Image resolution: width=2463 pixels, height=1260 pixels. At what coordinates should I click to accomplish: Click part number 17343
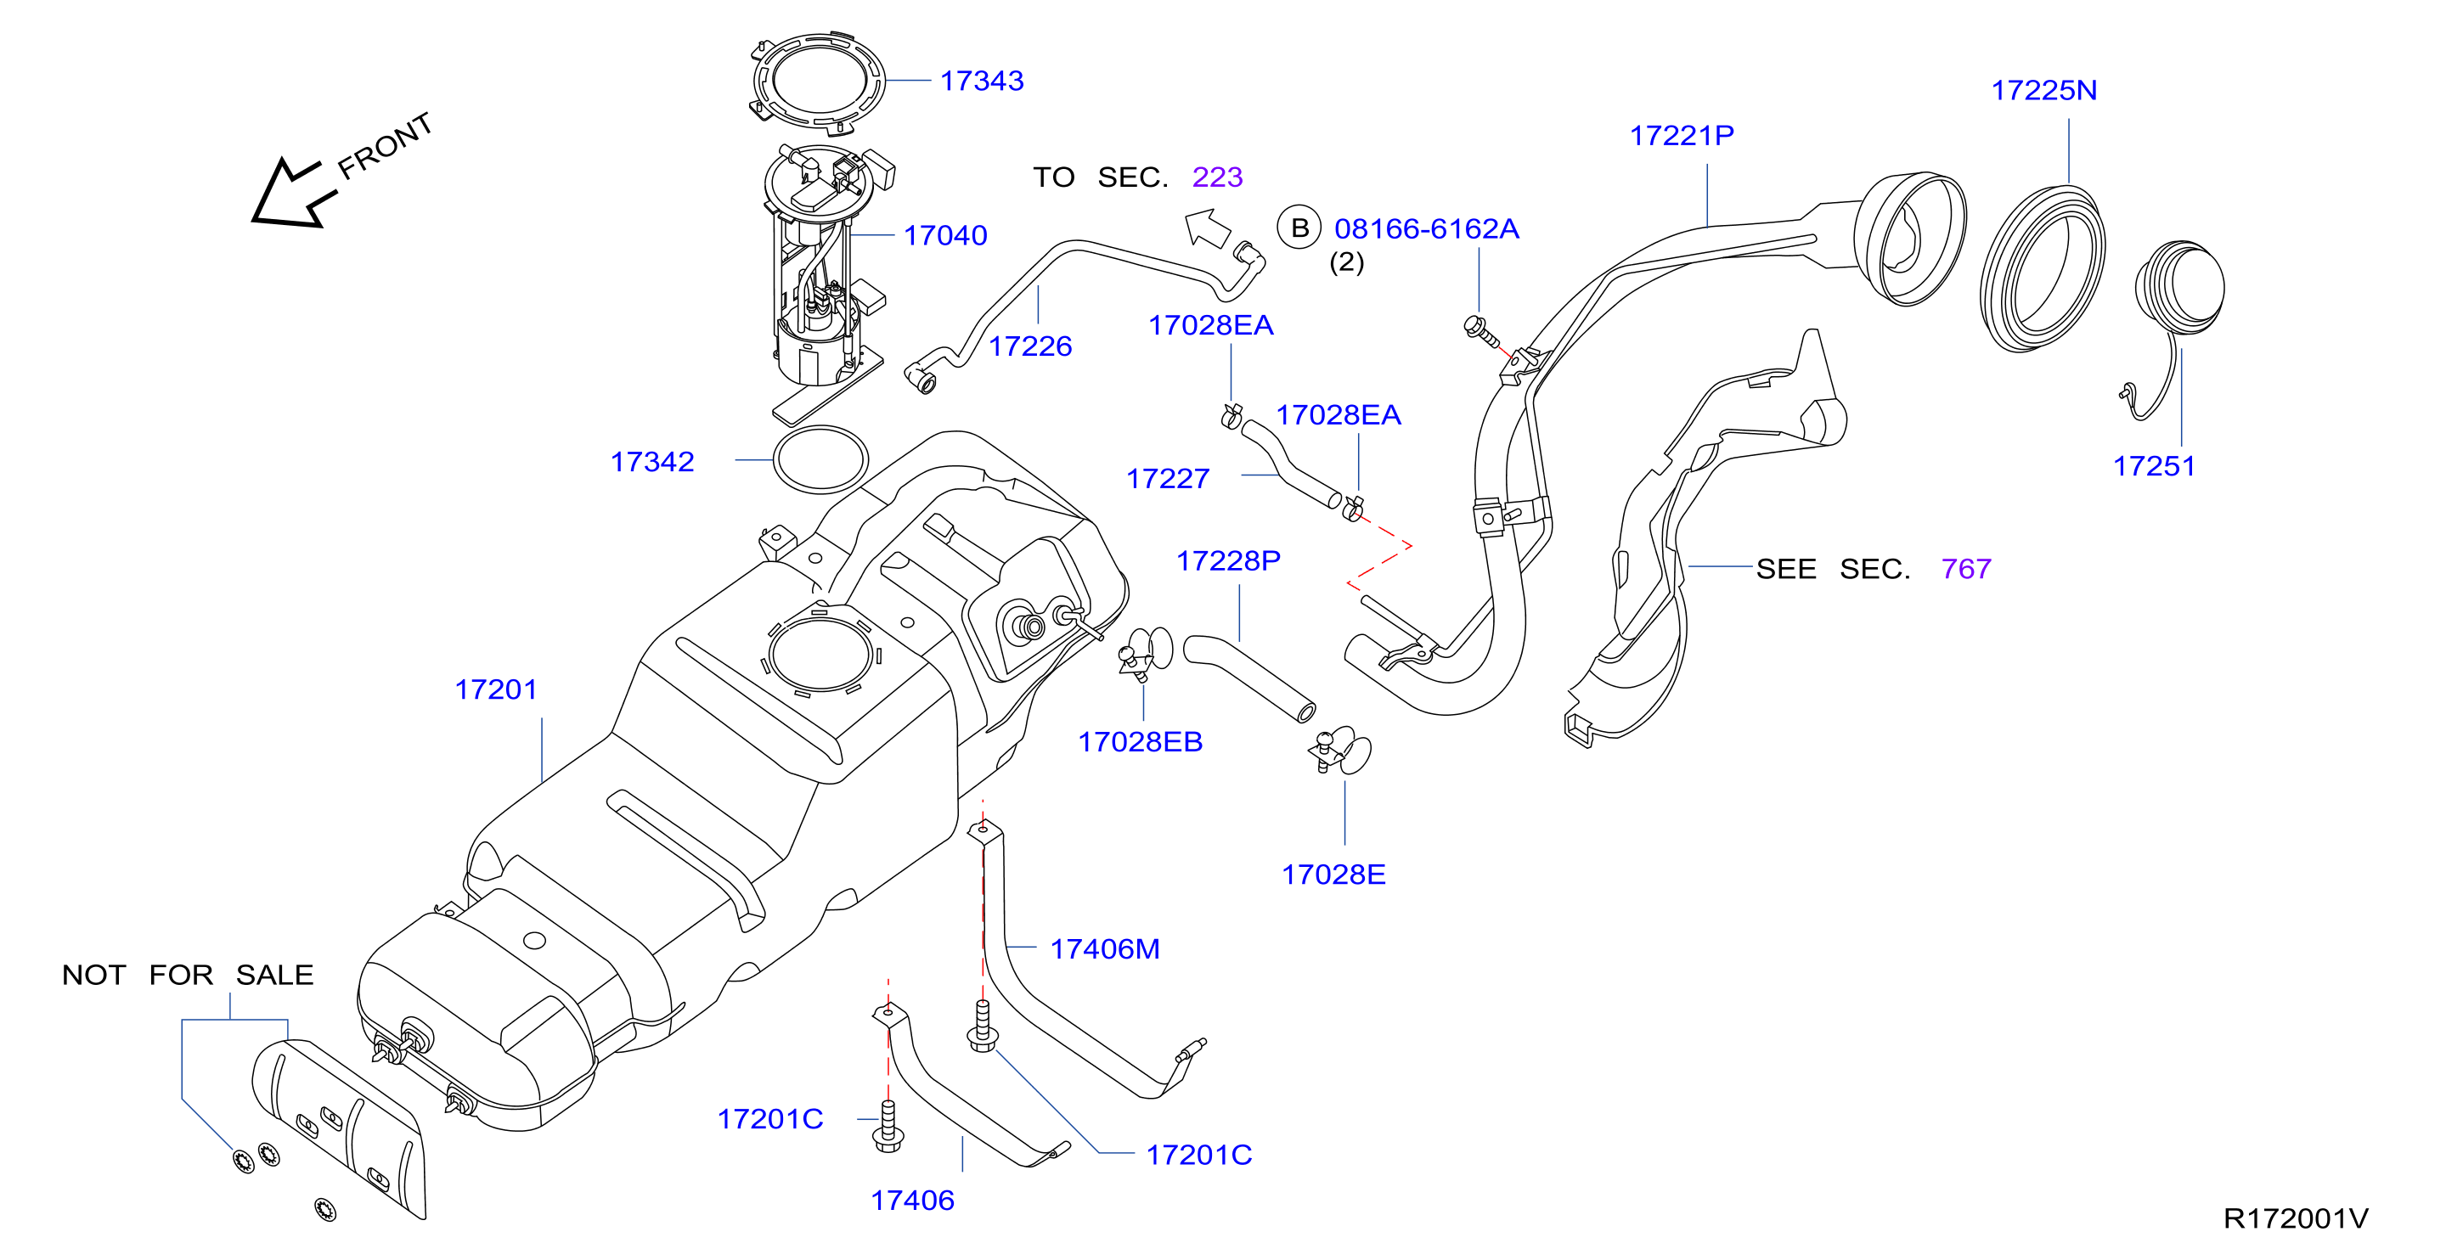click(x=981, y=82)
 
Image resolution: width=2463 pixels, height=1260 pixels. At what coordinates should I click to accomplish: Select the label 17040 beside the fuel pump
click(x=944, y=235)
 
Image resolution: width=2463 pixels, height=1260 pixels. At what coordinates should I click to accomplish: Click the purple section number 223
click(x=1217, y=177)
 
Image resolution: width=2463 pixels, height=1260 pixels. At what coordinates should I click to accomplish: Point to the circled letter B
click(x=1299, y=228)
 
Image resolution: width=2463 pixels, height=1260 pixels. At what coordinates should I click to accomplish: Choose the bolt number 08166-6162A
click(x=1427, y=229)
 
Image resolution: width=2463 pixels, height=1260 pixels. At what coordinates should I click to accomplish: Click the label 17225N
click(x=2044, y=91)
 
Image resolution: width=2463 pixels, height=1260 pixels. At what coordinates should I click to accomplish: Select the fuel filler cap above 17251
click(x=2181, y=287)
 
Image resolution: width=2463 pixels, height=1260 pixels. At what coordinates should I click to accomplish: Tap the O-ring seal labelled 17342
click(x=820, y=460)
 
